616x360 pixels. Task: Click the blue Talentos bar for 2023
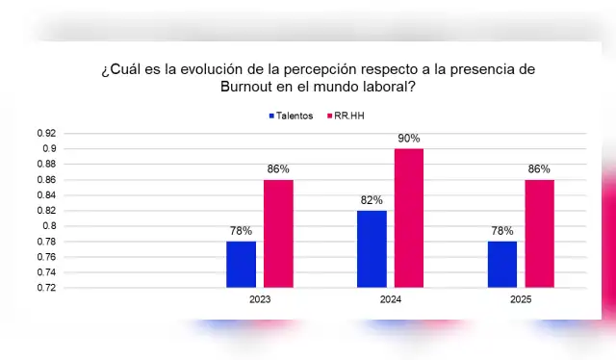[241, 264]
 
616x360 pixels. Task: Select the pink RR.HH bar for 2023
[278, 233]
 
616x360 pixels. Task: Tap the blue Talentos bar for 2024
[371, 248]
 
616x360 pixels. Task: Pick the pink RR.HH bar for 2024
[408, 218]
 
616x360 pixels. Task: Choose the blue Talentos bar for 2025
[501, 264]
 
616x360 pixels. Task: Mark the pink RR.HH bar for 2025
[539, 233]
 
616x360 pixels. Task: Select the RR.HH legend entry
[347, 116]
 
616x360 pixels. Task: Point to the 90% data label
[408, 139]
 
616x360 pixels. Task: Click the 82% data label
[371, 200]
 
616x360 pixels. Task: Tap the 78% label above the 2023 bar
[241, 231]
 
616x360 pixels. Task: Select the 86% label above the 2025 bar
[539, 169]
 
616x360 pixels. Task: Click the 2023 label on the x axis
[259, 300]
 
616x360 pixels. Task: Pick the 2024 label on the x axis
[390, 300]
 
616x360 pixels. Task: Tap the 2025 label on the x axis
[520, 300]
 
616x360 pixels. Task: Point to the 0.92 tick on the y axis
[45, 133]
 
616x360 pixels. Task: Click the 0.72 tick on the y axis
[45, 288]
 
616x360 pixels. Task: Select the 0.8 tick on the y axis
[48, 226]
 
